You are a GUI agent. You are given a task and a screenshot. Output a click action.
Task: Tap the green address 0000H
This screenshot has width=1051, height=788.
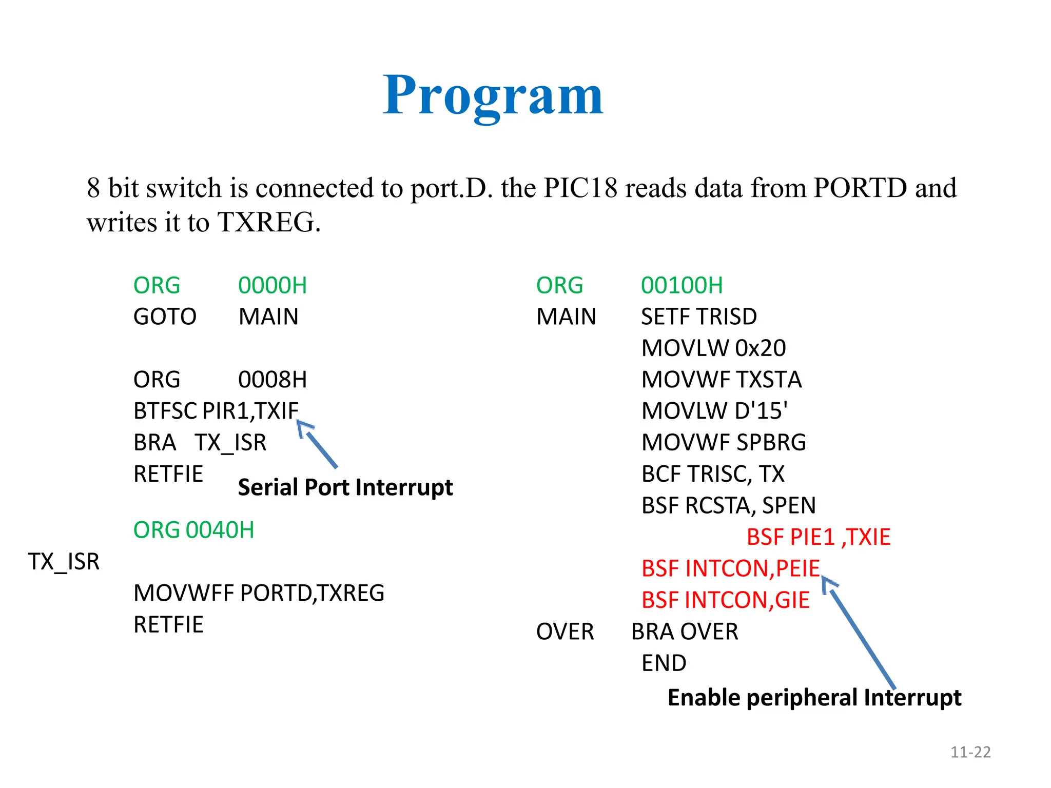click(x=273, y=286)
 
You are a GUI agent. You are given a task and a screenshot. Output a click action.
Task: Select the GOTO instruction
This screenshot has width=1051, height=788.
click(x=165, y=317)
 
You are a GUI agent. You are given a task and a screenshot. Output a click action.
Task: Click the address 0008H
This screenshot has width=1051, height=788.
click(x=273, y=380)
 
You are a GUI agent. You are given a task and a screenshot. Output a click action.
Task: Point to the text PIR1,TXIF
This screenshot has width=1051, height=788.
click(x=250, y=411)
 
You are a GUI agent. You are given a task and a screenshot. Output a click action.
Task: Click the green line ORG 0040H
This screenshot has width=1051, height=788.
click(x=193, y=530)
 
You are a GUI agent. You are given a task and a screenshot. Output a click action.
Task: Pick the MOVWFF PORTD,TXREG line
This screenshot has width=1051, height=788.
click(x=259, y=594)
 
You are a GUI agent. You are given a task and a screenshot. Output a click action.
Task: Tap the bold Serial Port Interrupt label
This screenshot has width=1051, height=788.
click(x=345, y=487)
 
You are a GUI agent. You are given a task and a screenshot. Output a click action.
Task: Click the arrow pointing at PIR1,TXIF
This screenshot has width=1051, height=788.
click(x=318, y=445)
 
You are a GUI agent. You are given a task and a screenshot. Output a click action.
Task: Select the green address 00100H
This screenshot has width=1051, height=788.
click(x=682, y=286)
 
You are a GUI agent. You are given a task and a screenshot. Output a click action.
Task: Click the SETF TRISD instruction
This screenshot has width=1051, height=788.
click(x=699, y=317)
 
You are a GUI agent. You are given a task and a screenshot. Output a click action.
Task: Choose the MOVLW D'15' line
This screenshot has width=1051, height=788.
click(x=714, y=411)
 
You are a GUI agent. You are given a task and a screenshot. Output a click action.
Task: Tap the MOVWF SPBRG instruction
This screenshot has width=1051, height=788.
click(x=724, y=443)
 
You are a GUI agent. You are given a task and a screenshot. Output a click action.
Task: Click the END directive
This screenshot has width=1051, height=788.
click(x=664, y=663)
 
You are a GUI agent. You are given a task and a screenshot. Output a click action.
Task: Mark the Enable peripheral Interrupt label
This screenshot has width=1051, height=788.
click(x=814, y=698)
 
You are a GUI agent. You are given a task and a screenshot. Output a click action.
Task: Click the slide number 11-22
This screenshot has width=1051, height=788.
click(x=970, y=752)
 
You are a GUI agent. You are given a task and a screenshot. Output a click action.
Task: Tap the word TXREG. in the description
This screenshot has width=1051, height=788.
click(x=269, y=223)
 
